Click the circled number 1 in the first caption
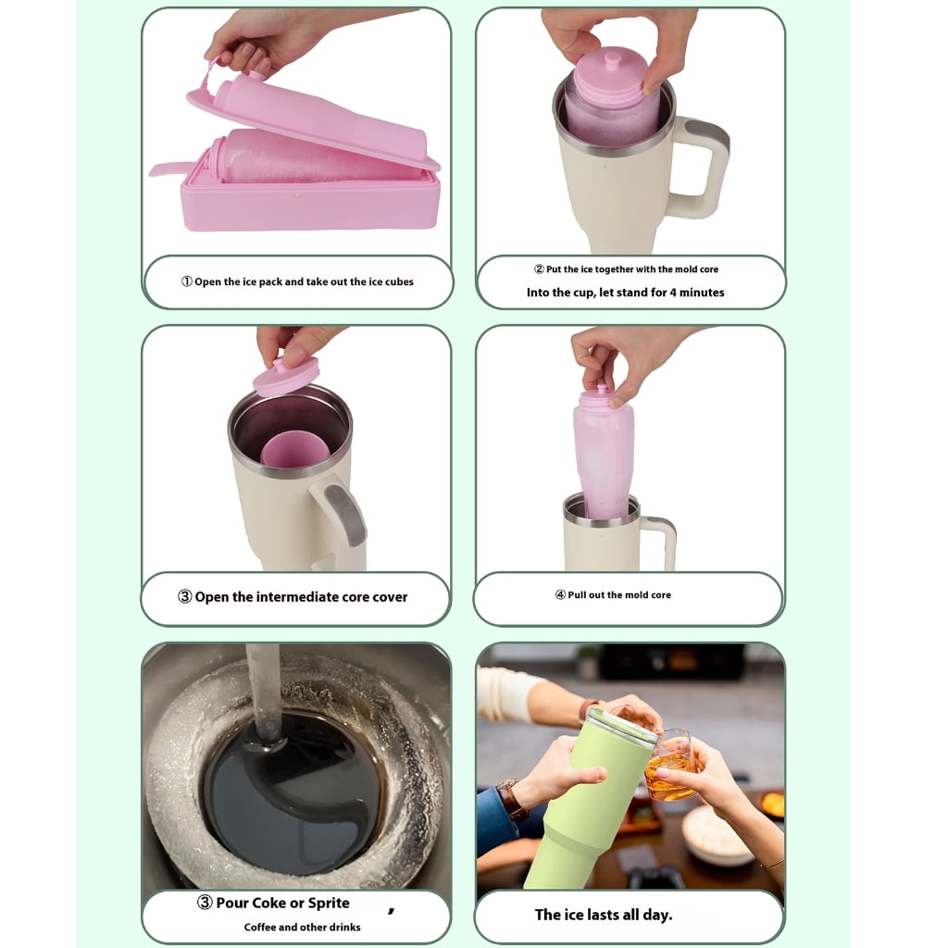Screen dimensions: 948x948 187,281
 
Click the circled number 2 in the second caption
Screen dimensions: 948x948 540,269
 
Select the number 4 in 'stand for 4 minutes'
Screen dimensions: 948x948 673,293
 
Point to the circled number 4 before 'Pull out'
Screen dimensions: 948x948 560,595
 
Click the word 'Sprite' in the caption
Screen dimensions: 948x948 329,903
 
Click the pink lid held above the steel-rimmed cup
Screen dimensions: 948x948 286,377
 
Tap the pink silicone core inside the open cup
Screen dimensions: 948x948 294,449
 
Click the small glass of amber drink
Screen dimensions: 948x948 670,766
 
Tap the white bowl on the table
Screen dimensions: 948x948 717,835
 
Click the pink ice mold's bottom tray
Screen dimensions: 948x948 309,202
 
